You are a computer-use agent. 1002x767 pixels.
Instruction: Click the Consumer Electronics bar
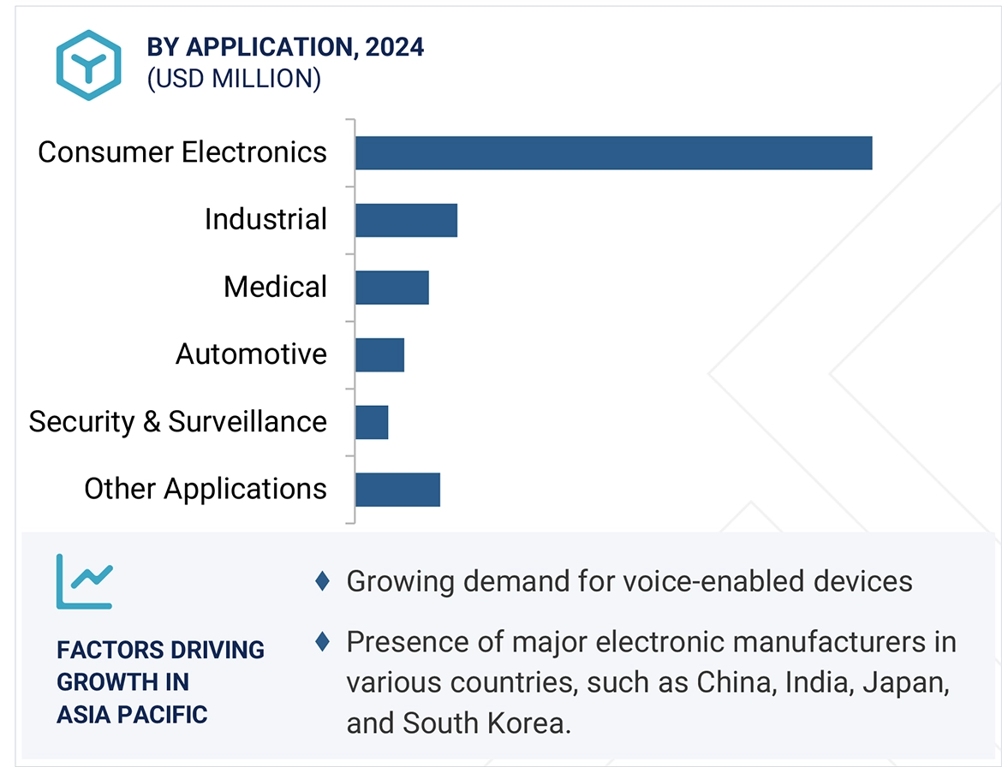pos(613,153)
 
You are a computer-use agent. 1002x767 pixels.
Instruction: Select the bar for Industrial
pos(406,220)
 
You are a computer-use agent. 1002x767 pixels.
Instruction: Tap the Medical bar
pos(391,287)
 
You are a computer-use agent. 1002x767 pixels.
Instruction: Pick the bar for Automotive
pos(379,354)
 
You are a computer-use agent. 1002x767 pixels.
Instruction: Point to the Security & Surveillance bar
pos(372,422)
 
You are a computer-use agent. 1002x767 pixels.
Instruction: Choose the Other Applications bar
pos(397,490)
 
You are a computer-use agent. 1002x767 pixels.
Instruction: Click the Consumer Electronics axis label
pos(182,152)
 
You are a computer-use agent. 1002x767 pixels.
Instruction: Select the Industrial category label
pos(265,219)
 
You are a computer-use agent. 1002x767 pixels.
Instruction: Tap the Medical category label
pos(275,287)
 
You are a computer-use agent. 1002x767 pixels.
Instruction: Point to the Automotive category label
pos(251,354)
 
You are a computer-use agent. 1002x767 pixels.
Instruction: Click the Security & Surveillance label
pos(177,421)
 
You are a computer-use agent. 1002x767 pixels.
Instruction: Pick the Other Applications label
pos(206,489)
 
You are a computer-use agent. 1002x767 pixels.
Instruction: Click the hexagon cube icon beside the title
pos(88,64)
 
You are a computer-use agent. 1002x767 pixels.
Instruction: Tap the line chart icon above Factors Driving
pos(84,581)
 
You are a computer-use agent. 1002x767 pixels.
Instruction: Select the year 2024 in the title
pos(394,47)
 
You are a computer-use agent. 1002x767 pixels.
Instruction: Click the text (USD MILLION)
pos(234,79)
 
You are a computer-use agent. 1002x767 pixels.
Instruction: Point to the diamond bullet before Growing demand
pos(323,581)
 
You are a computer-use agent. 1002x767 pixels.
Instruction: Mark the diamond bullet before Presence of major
pos(323,641)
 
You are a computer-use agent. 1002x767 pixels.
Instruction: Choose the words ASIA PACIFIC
pos(132,714)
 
